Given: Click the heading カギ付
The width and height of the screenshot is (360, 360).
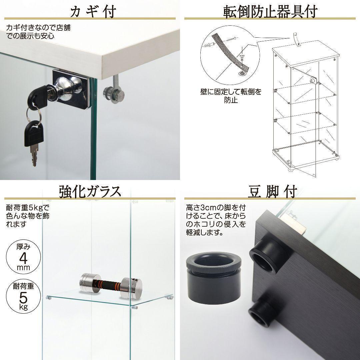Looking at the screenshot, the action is point(93,11).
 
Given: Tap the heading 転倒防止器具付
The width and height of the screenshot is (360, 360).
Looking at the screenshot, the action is point(270,11).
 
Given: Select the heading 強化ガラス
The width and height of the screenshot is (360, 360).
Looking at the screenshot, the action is point(90,191).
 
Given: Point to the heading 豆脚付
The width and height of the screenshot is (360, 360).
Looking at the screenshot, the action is point(273,191).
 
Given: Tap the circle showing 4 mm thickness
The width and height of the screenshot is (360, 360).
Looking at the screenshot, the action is point(23,257).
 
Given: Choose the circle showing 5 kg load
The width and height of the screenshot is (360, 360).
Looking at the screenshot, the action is point(23,296).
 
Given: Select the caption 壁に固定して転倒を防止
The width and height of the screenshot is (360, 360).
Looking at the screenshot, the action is point(231,96).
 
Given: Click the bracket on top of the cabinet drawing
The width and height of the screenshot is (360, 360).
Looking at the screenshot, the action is point(298,40).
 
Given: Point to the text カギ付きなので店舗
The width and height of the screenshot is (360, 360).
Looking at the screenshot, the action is point(38,28).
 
